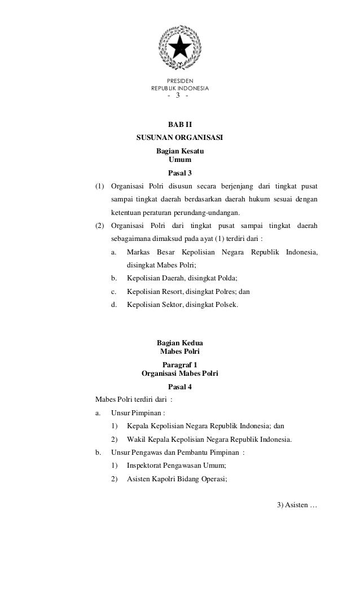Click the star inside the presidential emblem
(180, 47)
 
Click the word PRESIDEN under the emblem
(180, 81)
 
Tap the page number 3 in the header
(178, 95)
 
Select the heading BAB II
(180, 124)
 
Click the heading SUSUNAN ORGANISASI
(180, 138)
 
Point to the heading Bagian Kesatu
(180, 152)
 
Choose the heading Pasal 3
(180, 173)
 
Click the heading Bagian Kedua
(180, 343)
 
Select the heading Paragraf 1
(180, 364)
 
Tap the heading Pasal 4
(180, 386)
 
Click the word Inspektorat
(146, 465)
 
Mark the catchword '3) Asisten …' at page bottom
(297, 504)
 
